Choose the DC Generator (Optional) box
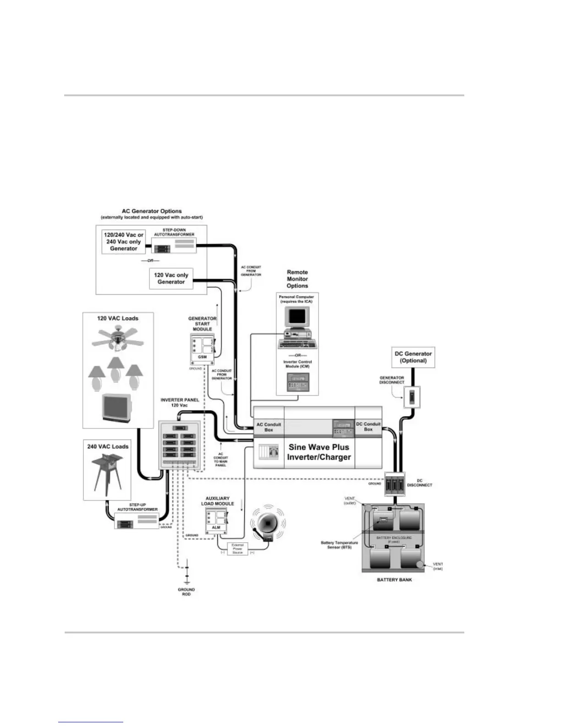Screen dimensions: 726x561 (x=413, y=357)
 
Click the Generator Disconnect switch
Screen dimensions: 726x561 (x=411, y=397)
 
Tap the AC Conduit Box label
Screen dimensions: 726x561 (x=269, y=427)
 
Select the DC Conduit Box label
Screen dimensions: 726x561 (x=368, y=427)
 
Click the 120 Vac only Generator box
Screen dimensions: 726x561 (x=171, y=278)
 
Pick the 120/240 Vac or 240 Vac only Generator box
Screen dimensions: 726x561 (x=123, y=242)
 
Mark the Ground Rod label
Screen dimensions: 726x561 (x=187, y=592)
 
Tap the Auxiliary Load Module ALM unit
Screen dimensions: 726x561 (x=216, y=521)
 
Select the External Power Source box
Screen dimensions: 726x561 (x=237, y=549)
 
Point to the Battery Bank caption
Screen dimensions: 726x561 (x=394, y=580)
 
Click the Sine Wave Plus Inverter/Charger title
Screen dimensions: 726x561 (x=319, y=452)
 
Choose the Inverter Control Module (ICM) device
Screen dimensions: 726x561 (x=297, y=382)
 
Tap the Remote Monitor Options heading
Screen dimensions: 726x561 (x=297, y=279)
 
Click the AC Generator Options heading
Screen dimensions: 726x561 (x=151, y=211)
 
